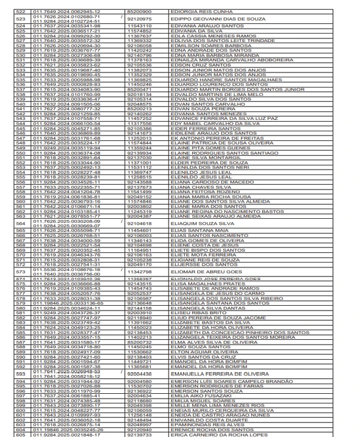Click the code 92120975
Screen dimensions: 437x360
(139, 19)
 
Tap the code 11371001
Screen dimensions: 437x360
(139, 162)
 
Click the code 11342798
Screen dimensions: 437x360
(139, 272)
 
